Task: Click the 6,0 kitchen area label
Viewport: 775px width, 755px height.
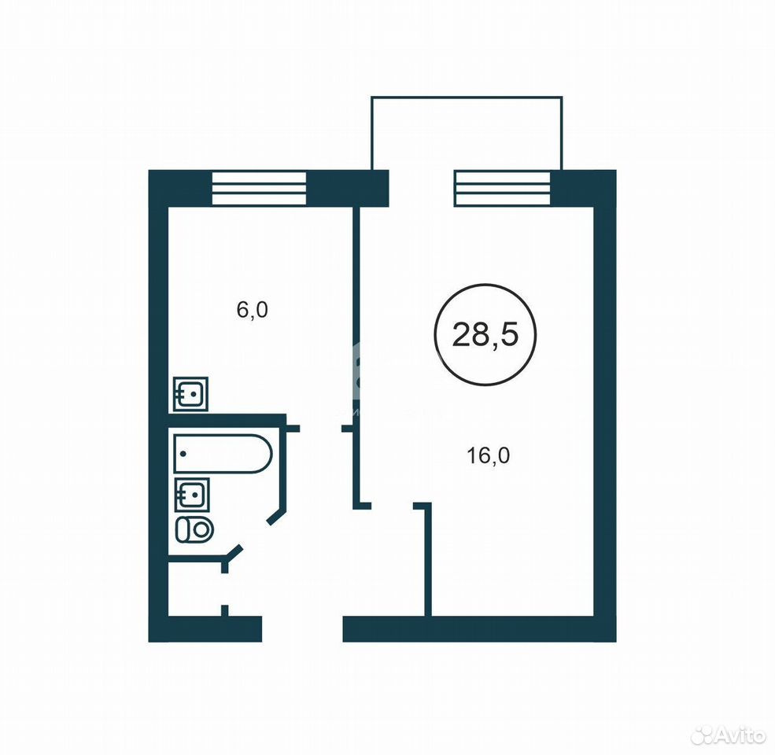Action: click(x=252, y=311)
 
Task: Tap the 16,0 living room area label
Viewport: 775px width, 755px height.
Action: click(x=488, y=455)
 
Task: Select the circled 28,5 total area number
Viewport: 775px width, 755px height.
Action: click(x=485, y=335)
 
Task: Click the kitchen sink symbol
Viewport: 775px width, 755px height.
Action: click(x=190, y=394)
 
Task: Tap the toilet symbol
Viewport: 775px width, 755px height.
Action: click(x=194, y=529)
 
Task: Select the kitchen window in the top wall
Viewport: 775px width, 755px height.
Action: click(x=259, y=188)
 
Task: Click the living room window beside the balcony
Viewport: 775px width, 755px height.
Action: click(x=503, y=188)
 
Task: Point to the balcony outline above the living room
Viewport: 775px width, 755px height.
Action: click(x=467, y=97)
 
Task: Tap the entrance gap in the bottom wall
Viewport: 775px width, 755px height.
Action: click(x=302, y=628)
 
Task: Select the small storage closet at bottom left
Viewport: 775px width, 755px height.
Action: click(x=196, y=588)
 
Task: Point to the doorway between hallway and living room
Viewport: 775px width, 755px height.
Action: click(x=392, y=506)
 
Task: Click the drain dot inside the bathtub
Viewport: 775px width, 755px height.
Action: click(x=183, y=454)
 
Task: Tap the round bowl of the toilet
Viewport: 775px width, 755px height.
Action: click(x=201, y=529)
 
